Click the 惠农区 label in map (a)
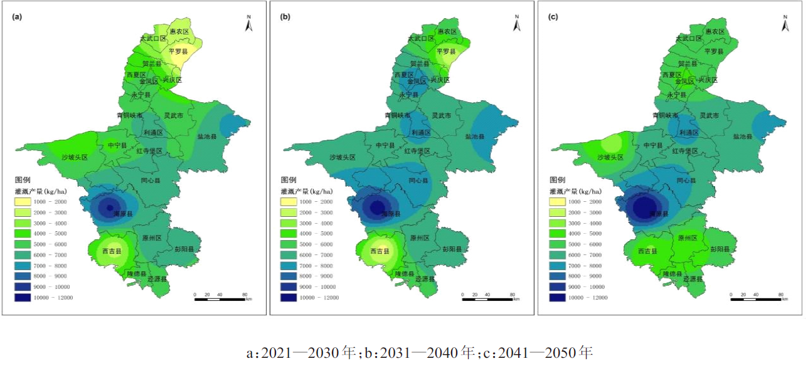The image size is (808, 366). (179, 31)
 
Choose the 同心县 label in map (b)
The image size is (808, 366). (418, 180)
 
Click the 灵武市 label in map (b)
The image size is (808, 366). (441, 115)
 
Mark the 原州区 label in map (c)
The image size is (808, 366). (688, 238)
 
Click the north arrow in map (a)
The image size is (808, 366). (249, 24)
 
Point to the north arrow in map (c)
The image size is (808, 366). (784, 24)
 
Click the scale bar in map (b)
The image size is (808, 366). (487, 298)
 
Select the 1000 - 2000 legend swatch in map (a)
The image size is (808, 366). (23, 201)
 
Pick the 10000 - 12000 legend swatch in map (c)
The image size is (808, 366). (558, 298)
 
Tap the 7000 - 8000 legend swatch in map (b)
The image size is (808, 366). (290, 266)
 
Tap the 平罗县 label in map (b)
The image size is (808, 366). (446, 51)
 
